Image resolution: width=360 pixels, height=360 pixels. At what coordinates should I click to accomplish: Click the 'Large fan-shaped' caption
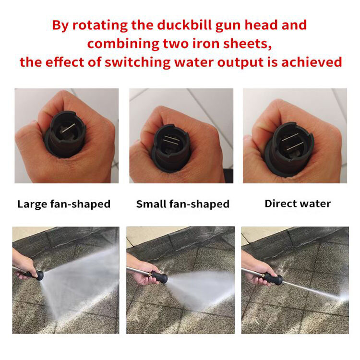tap(64, 204)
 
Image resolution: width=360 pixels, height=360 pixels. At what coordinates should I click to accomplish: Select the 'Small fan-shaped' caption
tap(182, 204)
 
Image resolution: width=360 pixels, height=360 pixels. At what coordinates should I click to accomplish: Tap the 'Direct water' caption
tap(298, 204)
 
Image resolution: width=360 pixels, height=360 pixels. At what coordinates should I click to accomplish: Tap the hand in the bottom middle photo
tap(143, 271)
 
